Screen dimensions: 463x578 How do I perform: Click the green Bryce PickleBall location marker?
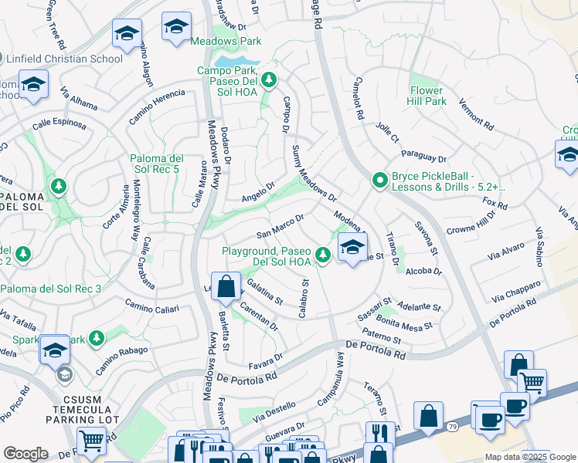[x=379, y=181]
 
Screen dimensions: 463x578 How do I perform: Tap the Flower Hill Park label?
[x=427, y=95]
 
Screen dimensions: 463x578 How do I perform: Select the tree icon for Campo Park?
[x=269, y=79]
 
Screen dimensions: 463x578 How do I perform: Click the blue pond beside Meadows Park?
[x=236, y=61]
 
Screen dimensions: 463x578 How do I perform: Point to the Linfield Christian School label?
[x=64, y=58]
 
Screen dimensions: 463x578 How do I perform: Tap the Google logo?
[x=25, y=454]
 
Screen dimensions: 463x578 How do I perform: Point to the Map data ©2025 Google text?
[x=530, y=457]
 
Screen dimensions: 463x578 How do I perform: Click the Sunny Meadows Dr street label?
[x=314, y=174]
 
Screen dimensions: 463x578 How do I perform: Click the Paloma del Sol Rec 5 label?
[x=165, y=164]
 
